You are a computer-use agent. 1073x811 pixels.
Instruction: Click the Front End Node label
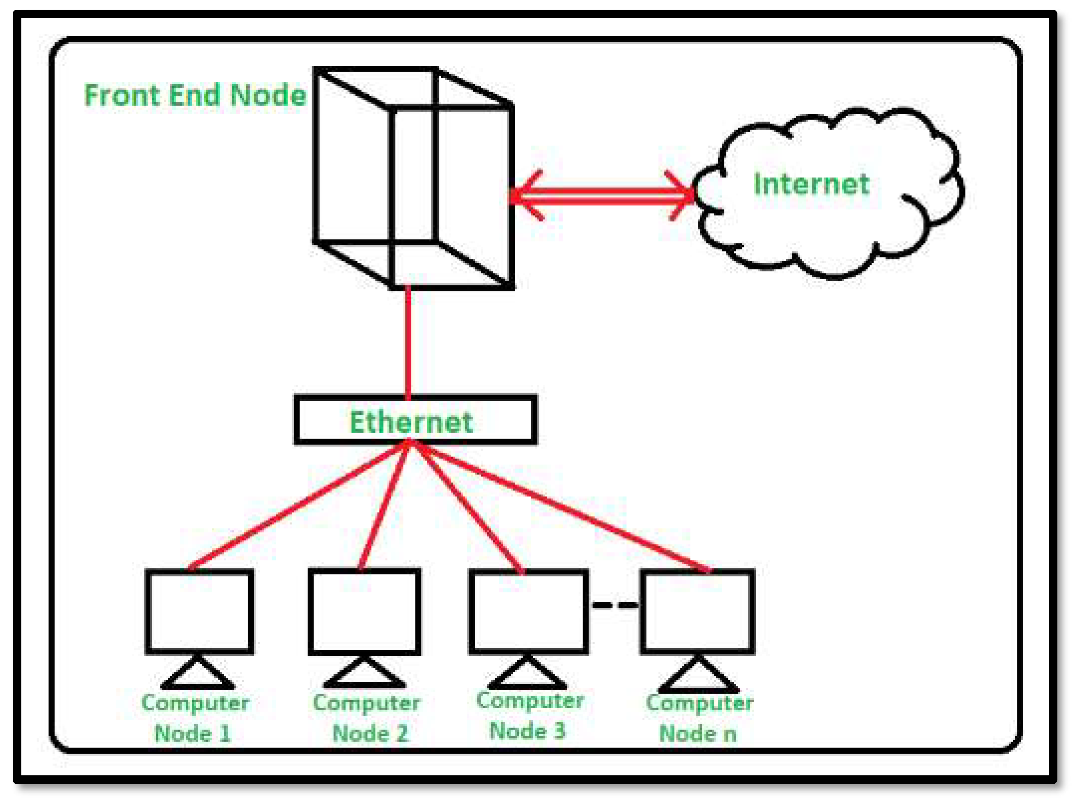(x=195, y=95)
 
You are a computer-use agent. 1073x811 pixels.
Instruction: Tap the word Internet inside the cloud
(x=811, y=185)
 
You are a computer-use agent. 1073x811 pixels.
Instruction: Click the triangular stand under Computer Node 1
(x=197, y=674)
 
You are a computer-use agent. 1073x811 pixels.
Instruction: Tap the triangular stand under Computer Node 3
(x=527, y=675)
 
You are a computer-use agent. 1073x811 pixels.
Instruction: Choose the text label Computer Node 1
(x=195, y=718)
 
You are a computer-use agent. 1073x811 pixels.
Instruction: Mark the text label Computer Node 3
(x=529, y=715)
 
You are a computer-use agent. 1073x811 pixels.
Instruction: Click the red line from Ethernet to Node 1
(x=296, y=506)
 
